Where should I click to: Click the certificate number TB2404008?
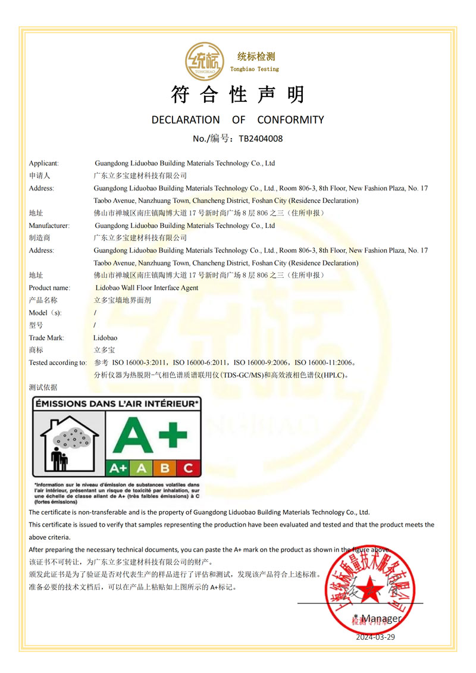click(x=261, y=139)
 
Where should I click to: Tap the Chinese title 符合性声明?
click(x=237, y=95)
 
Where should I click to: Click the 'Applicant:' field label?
click(x=43, y=163)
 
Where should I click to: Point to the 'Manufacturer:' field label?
click(x=49, y=226)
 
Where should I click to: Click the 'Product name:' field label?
click(x=49, y=288)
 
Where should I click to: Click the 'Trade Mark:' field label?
click(x=46, y=338)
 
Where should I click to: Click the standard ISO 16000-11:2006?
click(x=324, y=362)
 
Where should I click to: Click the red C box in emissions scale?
click(x=188, y=468)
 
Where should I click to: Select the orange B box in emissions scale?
click(x=165, y=468)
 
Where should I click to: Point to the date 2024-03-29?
click(x=375, y=637)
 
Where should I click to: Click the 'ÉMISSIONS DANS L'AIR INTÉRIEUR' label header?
click(x=116, y=403)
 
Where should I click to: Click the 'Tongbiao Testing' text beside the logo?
click(x=255, y=69)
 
